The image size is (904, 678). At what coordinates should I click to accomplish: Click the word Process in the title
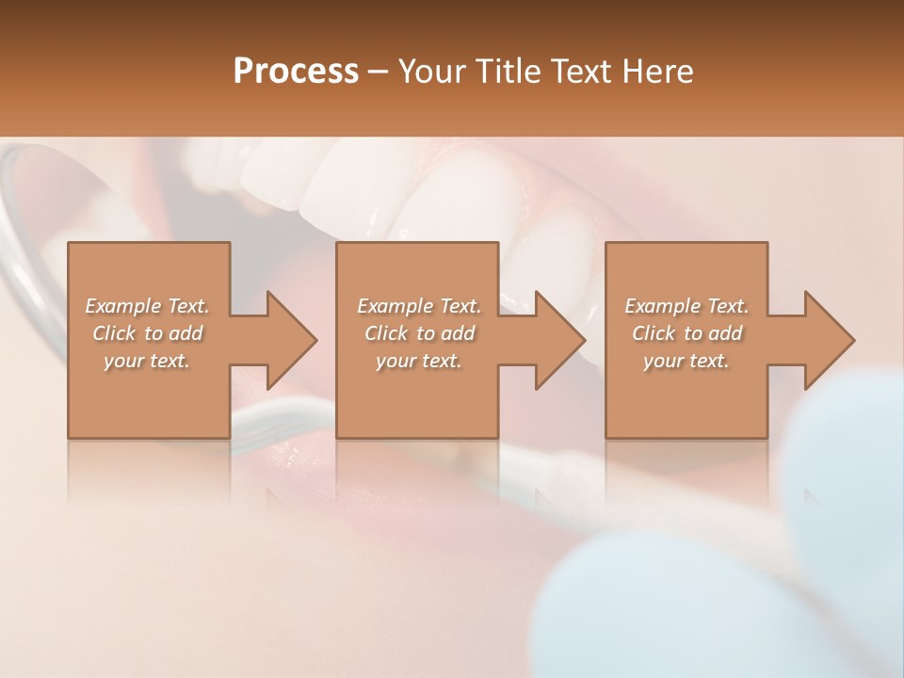[296, 72]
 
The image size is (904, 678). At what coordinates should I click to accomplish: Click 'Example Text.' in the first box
[147, 306]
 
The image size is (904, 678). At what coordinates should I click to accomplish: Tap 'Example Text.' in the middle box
[419, 306]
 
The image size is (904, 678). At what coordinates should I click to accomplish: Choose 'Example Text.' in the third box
[686, 306]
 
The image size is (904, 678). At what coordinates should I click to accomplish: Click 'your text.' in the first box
[147, 361]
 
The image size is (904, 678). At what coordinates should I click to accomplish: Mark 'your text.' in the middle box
[419, 361]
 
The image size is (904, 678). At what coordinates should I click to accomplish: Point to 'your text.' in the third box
[686, 361]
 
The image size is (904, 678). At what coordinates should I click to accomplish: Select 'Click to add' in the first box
[147, 333]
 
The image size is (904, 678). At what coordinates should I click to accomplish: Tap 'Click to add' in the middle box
[419, 333]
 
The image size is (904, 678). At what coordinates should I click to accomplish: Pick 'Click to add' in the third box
[686, 333]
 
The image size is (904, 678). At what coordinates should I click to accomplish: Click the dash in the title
[379, 72]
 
